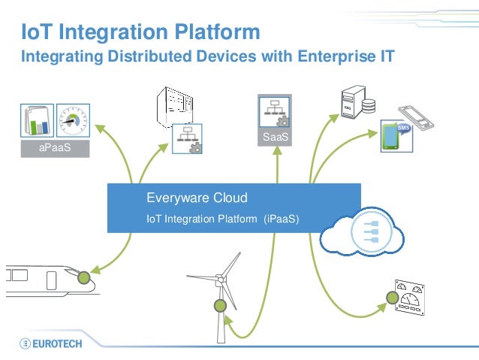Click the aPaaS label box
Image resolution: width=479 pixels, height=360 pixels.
pos(56,149)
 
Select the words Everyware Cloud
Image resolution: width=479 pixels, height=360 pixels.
pos(197,198)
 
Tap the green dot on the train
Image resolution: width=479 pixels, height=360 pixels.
pos(84,277)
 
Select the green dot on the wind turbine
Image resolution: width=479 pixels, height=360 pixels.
pos(220,306)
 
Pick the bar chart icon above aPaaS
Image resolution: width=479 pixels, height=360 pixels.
pos(36,120)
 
